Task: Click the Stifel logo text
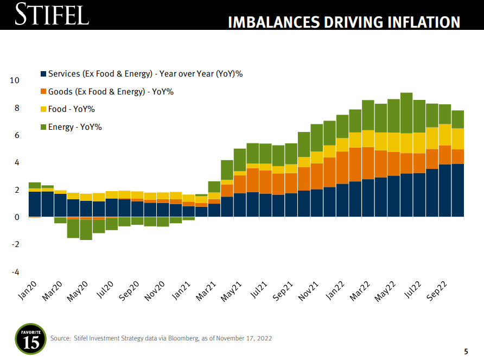[x=52, y=14]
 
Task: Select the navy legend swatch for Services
[x=43, y=74]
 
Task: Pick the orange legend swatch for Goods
[x=43, y=92]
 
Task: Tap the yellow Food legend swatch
[x=43, y=109]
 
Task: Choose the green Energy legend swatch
[x=43, y=127]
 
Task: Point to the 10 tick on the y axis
[x=15, y=80]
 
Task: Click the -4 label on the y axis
[x=15, y=272]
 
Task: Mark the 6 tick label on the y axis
[x=16, y=135]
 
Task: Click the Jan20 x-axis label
[x=27, y=292]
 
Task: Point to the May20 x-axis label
[x=78, y=293]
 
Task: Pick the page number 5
[x=466, y=351]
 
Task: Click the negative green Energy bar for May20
[x=86, y=230]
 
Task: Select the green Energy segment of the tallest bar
[x=406, y=113]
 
